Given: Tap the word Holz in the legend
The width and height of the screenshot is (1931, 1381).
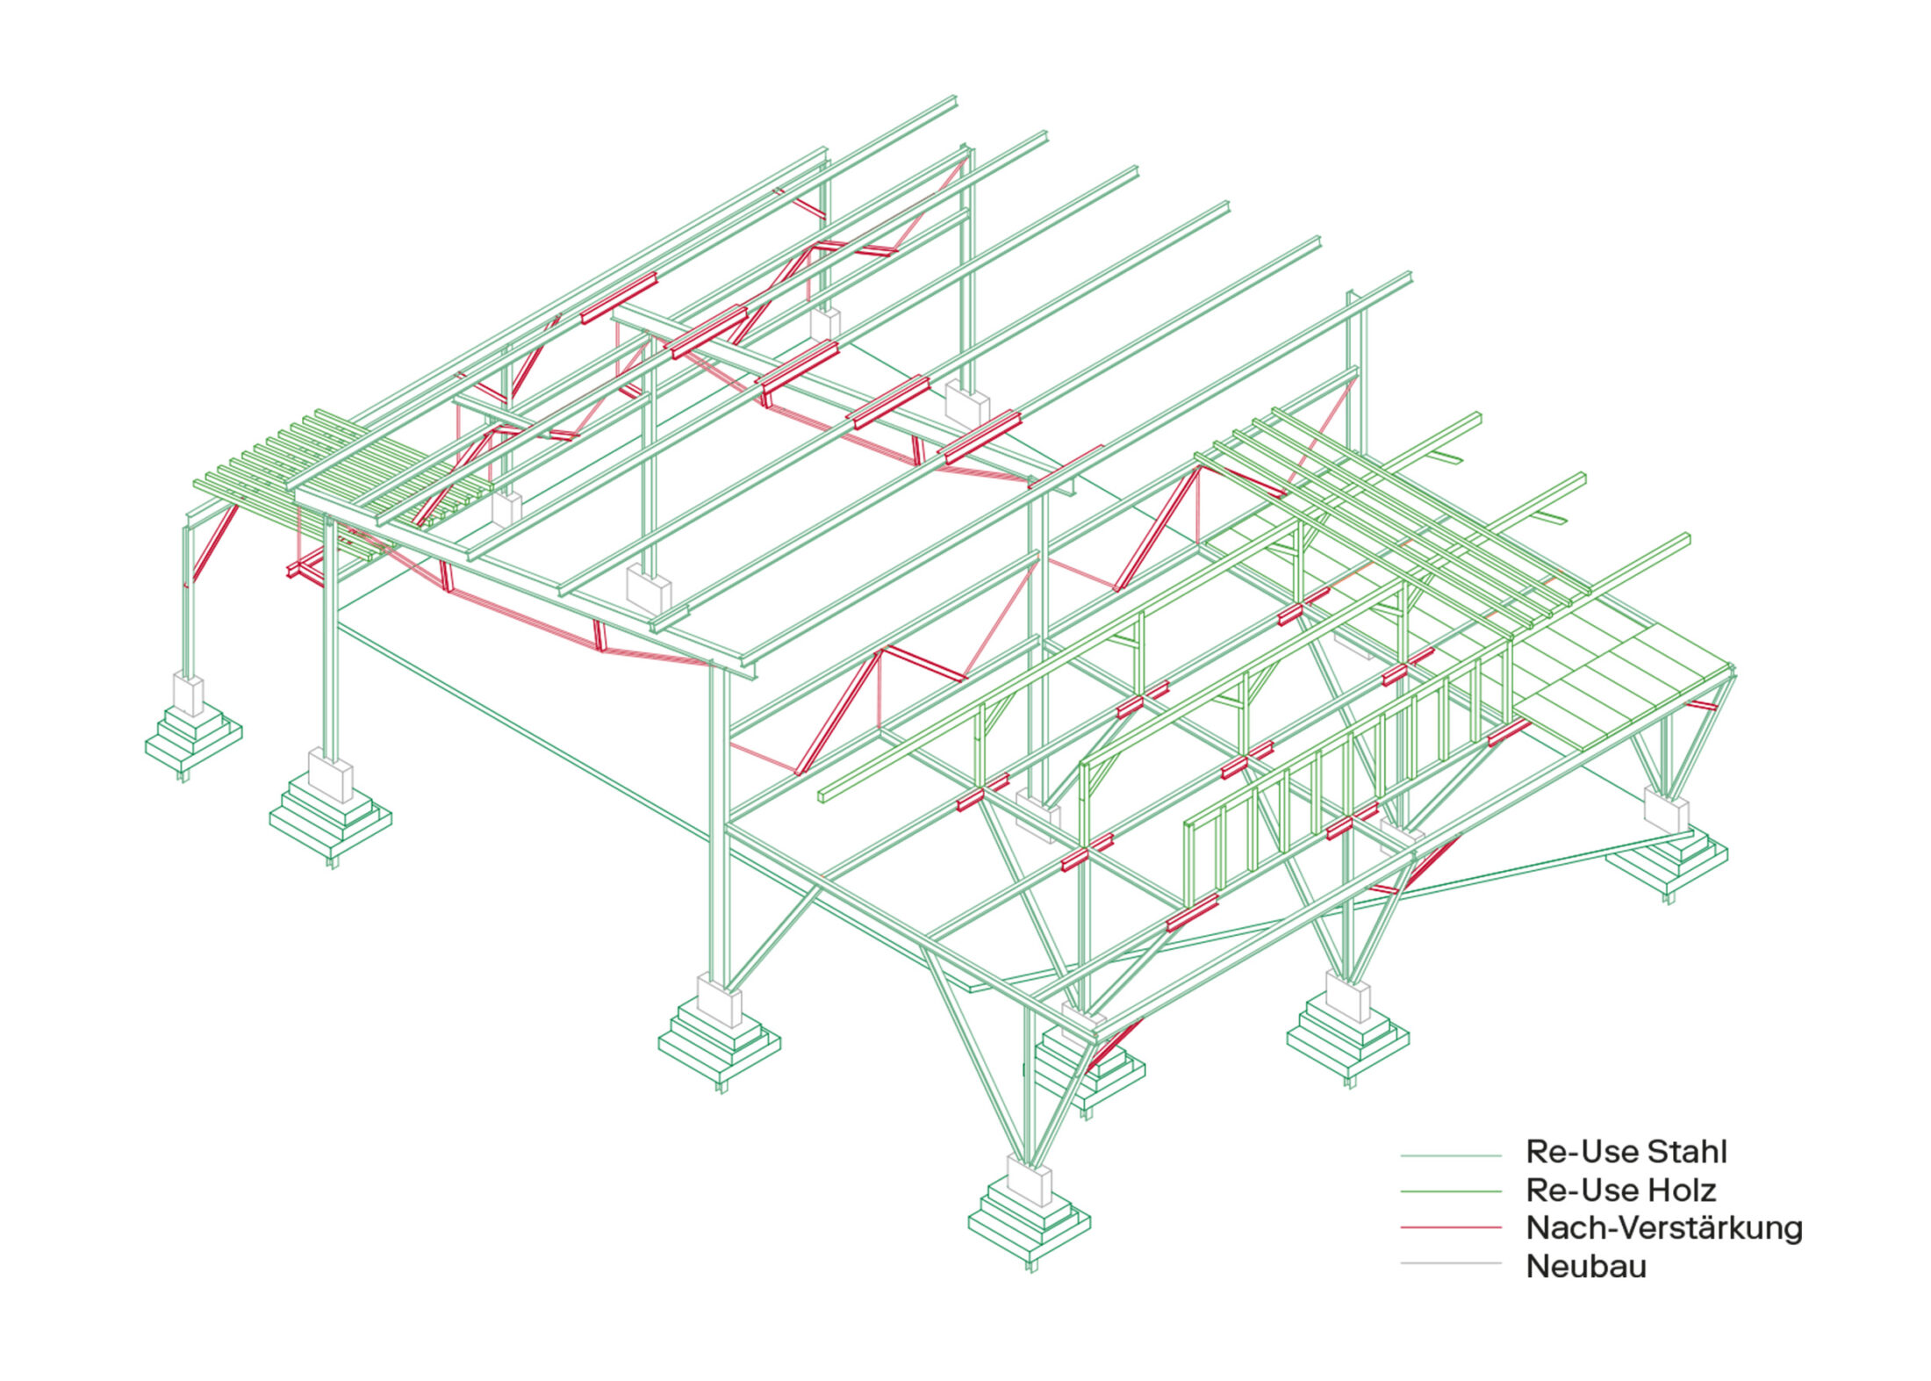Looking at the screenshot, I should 1681,1190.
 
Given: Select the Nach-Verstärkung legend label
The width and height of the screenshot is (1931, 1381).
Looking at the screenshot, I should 1664,1228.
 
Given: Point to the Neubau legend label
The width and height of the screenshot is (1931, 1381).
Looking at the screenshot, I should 1586,1267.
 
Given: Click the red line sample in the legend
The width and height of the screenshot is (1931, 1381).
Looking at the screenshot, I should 1450,1227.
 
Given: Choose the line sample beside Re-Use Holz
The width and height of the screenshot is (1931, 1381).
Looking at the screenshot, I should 1450,1191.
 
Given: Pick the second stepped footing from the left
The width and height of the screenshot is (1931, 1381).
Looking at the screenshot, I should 330,821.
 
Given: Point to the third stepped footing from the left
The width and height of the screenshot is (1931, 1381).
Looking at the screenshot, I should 719,1045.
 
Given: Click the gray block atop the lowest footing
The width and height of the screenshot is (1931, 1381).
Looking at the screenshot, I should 1029,1181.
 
